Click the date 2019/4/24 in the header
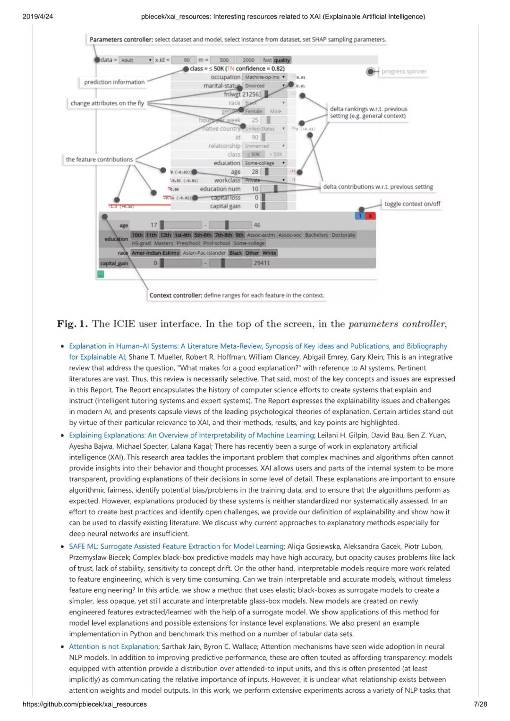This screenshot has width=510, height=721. point(38,17)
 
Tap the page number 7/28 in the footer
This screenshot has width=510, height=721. point(480,704)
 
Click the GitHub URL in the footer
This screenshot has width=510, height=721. point(85,704)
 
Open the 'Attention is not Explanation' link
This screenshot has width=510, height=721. point(113,646)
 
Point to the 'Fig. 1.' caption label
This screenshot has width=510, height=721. point(72,324)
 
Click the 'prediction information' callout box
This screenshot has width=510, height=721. point(114,82)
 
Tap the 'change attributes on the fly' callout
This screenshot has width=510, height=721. point(107,103)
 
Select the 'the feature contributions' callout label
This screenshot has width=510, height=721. point(99,159)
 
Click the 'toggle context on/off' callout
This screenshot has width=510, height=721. point(412,204)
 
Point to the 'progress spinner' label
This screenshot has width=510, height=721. point(404,72)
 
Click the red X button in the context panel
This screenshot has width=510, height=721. point(370,216)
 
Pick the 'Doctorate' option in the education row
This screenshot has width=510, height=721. point(343,235)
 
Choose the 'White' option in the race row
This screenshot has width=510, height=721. point(269,253)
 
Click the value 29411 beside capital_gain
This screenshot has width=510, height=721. point(262,263)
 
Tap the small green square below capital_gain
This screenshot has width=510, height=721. point(101,274)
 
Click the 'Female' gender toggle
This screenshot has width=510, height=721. point(254,111)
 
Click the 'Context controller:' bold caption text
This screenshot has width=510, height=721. point(176,295)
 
